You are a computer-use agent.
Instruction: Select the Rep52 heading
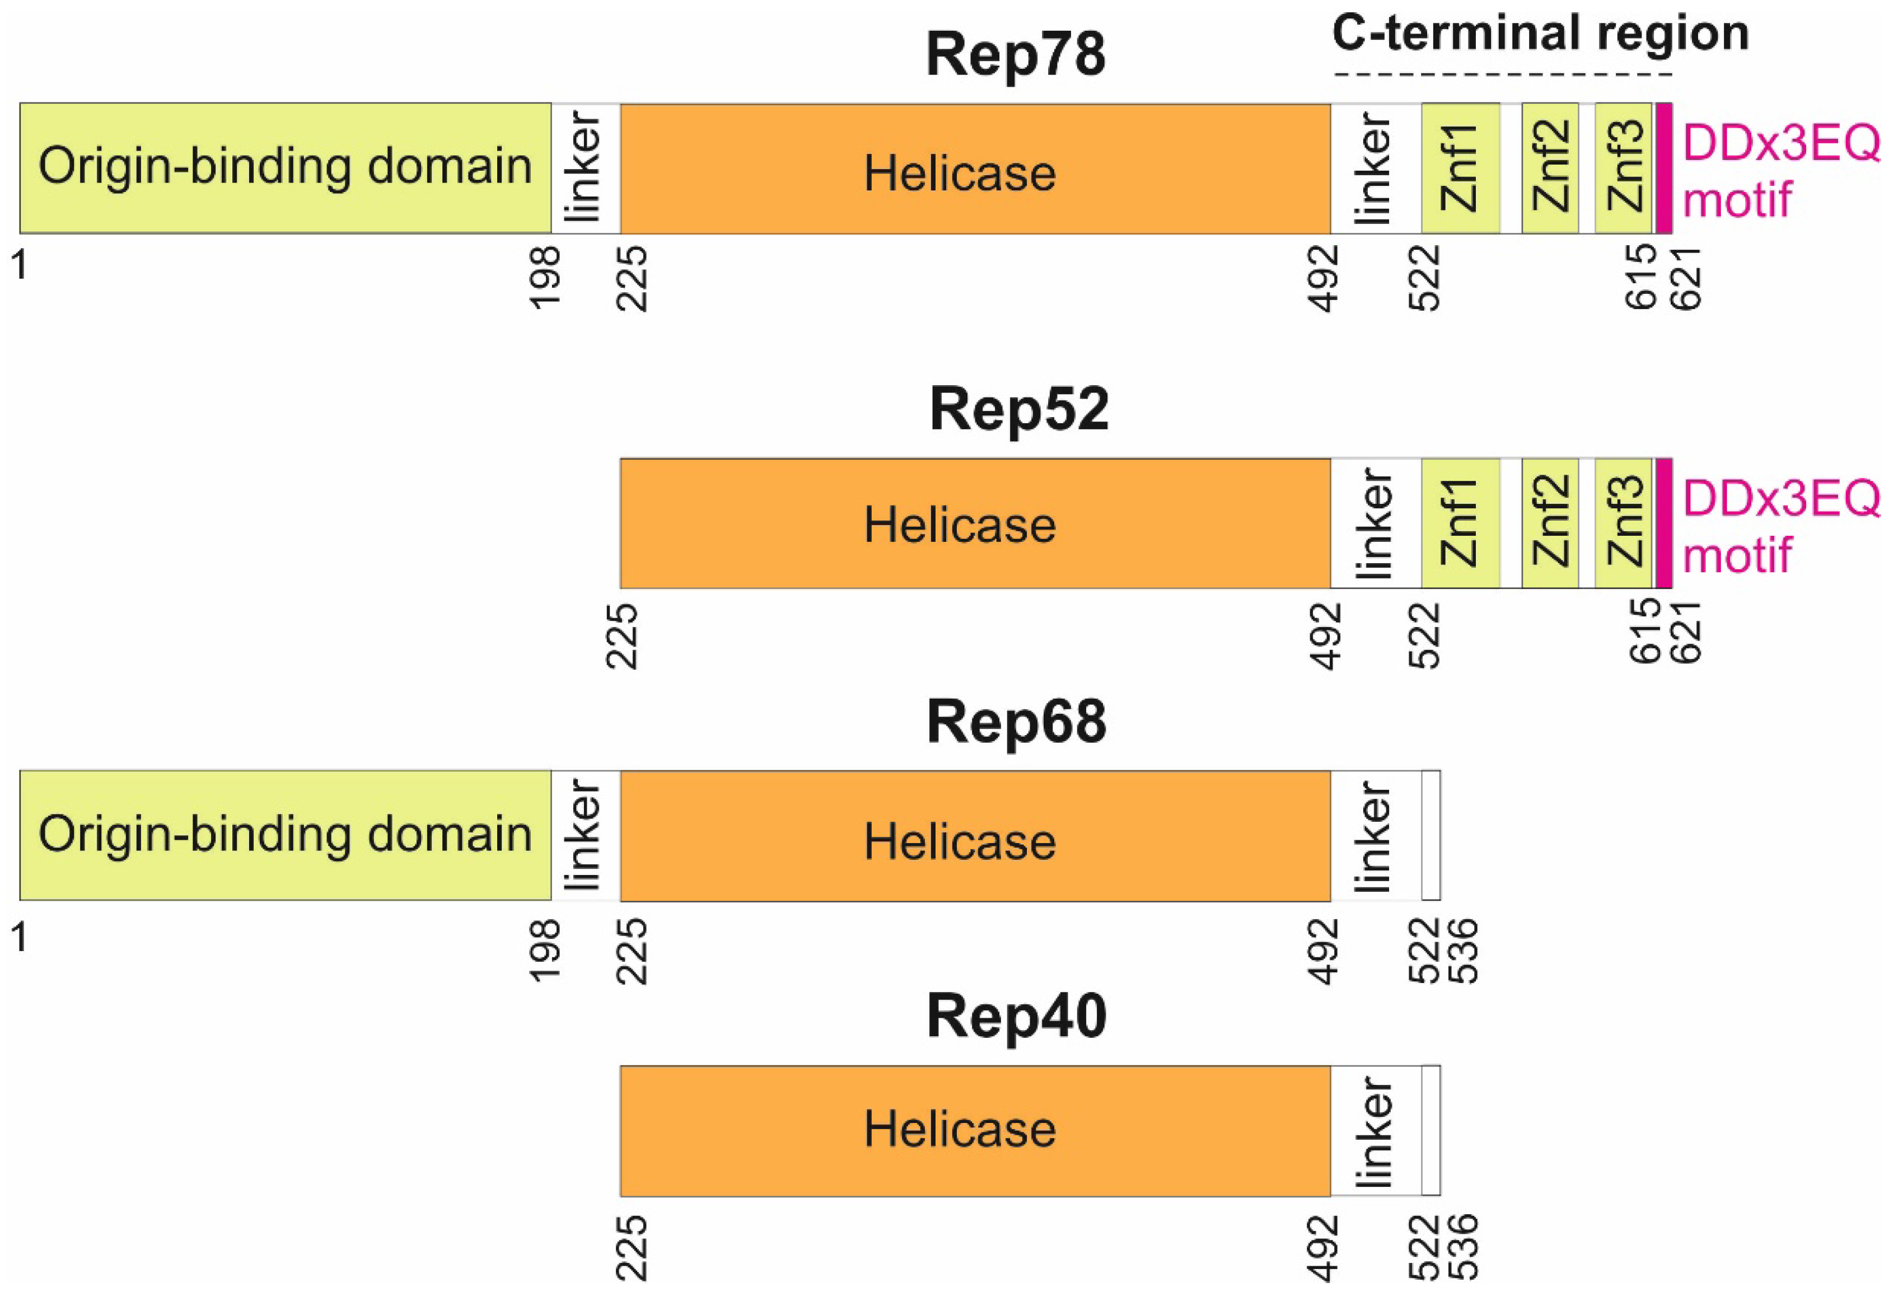click(x=1018, y=409)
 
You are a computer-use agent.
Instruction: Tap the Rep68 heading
click(x=1016, y=721)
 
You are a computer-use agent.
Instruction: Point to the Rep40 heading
click(x=1016, y=1017)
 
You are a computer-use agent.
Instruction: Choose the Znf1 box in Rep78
click(x=1460, y=167)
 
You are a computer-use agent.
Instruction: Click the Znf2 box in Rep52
click(x=1550, y=523)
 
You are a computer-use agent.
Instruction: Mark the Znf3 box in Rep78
click(x=1623, y=167)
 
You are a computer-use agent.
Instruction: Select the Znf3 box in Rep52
click(x=1623, y=523)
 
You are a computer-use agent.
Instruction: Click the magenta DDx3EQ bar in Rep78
click(x=1663, y=167)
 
